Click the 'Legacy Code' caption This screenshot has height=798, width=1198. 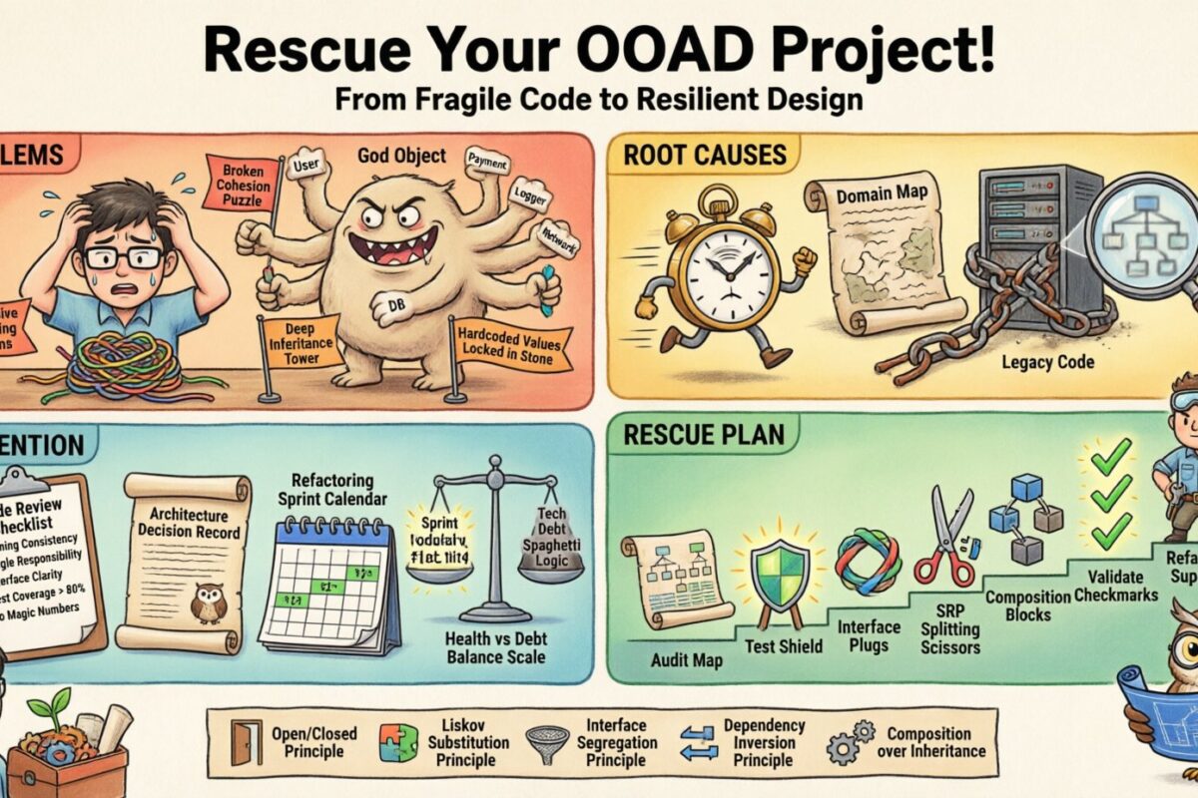(1047, 362)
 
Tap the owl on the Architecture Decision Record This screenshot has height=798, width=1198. (208, 602)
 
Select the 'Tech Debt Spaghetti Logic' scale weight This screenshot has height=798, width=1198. (551, 543)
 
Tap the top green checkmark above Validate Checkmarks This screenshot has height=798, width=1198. (1110, 457)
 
